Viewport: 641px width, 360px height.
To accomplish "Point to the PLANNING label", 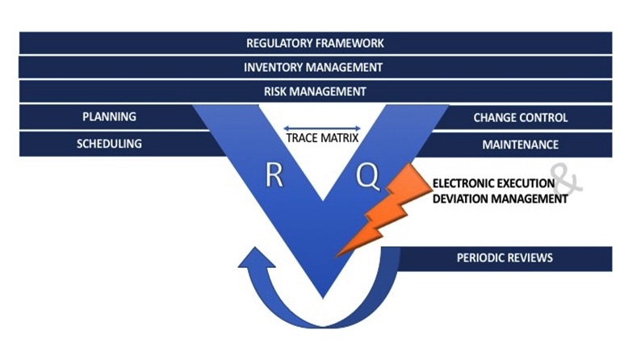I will [109, 117].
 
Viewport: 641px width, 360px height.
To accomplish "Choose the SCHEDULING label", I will [109, 144].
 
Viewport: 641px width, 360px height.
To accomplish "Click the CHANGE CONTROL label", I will [521, 118].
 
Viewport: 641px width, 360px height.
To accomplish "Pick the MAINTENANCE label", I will [521, 145].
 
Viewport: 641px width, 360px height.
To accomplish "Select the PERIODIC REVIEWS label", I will [505, 258].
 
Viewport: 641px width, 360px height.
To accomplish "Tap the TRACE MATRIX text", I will [322, 138].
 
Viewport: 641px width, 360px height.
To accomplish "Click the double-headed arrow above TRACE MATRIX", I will [322, 127].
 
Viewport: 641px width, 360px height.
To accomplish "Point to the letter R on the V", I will [274, 176].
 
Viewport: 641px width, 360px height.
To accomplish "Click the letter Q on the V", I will [367, 176].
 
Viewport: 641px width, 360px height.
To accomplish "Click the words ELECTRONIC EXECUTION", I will [494, 183].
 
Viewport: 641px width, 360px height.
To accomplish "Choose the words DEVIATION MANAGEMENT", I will [500, 199].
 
